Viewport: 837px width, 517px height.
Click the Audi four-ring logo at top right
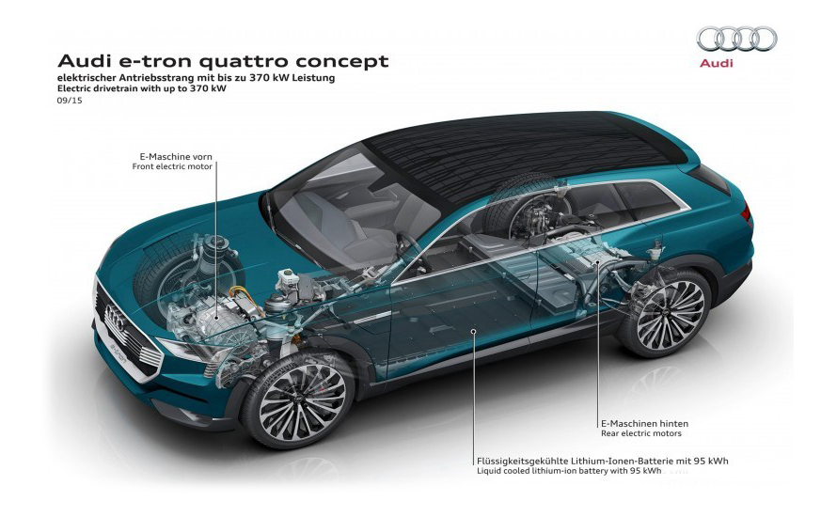click(736, 39)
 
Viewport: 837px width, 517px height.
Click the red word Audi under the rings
click(717, 64)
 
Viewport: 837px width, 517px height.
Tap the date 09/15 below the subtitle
click(70, 101)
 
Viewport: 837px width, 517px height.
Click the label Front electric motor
click(172, 166)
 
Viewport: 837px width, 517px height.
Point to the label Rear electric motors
click(641, 433)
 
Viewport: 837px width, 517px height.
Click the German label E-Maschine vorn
click(176, 157)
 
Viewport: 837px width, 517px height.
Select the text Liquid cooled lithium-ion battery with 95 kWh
click(569, 471)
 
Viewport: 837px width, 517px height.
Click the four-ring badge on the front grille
click(116, 319)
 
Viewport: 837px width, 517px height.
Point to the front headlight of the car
click(184, 350)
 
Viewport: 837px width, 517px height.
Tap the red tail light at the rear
click(747, 214)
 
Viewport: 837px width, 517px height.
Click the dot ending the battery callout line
click(473, 331)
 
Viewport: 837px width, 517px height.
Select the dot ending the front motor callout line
click(216, 317)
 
